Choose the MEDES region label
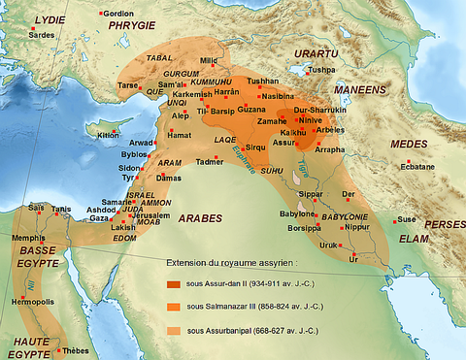(x=408, y=145)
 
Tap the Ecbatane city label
(x=416, y=166)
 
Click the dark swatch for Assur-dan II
(x=173, y=284)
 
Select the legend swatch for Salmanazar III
(x=173, y=308)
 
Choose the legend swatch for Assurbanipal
(x=173, y=331)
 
